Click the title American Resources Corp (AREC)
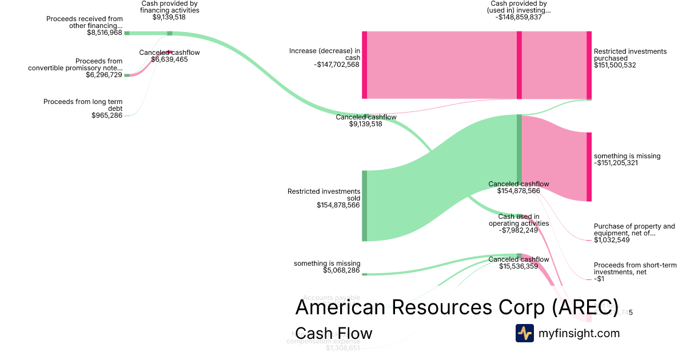[457, 307]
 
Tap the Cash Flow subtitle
[334, 333]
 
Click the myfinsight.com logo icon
[524, 333]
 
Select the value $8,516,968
[101, 33]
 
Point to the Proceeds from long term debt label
[83, 105]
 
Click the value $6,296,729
[104, 75]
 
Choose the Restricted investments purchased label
[630, 55]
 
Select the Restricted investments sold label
[324, 195]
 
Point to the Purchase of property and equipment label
[634, 230]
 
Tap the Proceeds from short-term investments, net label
[635, 269]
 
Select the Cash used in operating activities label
[519, 220]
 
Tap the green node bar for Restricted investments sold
[364, 206]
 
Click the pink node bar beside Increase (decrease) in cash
[364, 65]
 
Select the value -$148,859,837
[519, 17]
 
